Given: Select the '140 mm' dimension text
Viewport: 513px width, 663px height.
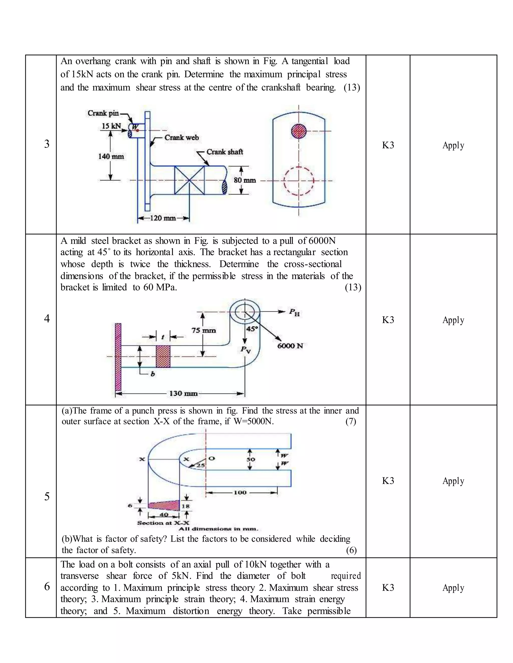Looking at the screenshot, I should pos(111,157).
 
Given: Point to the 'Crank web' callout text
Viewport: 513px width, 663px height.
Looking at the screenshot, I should pos(181,138).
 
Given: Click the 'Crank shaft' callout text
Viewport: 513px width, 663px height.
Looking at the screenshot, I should pos(225,152).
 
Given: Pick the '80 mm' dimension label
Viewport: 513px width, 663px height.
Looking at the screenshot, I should pos(245,180).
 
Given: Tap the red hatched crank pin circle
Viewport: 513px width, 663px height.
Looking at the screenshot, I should pos(299,131).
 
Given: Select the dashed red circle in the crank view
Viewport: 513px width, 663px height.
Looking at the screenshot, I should pos(299,181).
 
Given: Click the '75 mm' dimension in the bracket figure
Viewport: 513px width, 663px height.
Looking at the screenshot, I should pos(204,330).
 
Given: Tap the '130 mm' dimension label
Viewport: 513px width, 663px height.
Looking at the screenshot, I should pos(183,394).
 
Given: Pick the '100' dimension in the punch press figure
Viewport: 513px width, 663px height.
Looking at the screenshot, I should pos(240,492).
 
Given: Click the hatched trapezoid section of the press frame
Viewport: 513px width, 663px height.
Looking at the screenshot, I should pos(164,505).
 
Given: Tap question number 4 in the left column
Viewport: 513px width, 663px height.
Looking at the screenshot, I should pos(47,318).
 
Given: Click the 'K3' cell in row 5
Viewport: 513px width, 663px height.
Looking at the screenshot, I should pos(388,481).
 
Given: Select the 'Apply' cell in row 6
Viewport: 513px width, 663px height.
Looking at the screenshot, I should pos(453,587).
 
